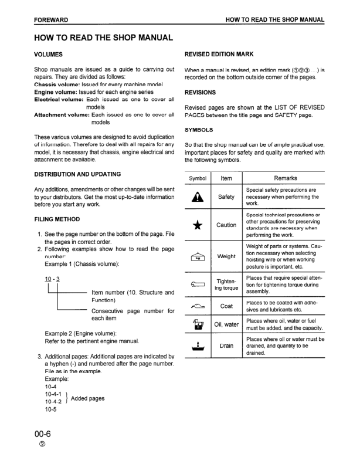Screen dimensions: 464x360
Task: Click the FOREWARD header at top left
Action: [51, 20]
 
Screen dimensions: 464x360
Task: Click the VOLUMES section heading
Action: [49, 55]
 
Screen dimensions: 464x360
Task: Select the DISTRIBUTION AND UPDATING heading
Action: [77, 174]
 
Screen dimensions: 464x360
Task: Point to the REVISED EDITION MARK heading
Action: [219, 54]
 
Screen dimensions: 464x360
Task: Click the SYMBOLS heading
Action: [199, 130]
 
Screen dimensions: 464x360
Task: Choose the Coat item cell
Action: [226, 306]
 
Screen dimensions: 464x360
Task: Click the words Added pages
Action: [88, 398]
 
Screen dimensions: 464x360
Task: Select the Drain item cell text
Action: [226, 346]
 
